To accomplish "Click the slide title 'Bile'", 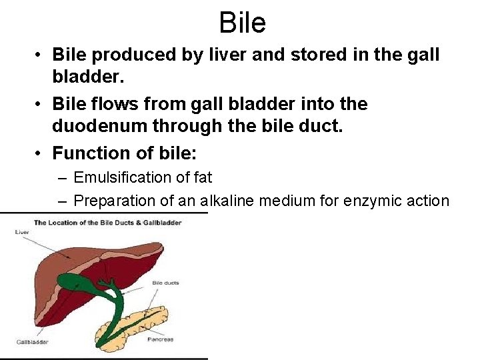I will point(242,23).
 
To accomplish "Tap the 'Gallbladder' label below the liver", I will point(32,342).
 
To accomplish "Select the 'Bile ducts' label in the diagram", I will point(165,283).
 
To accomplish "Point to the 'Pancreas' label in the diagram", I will point(160,339).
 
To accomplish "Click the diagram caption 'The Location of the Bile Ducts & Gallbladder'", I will point(108,222).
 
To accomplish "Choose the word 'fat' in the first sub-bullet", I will point(203,177).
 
